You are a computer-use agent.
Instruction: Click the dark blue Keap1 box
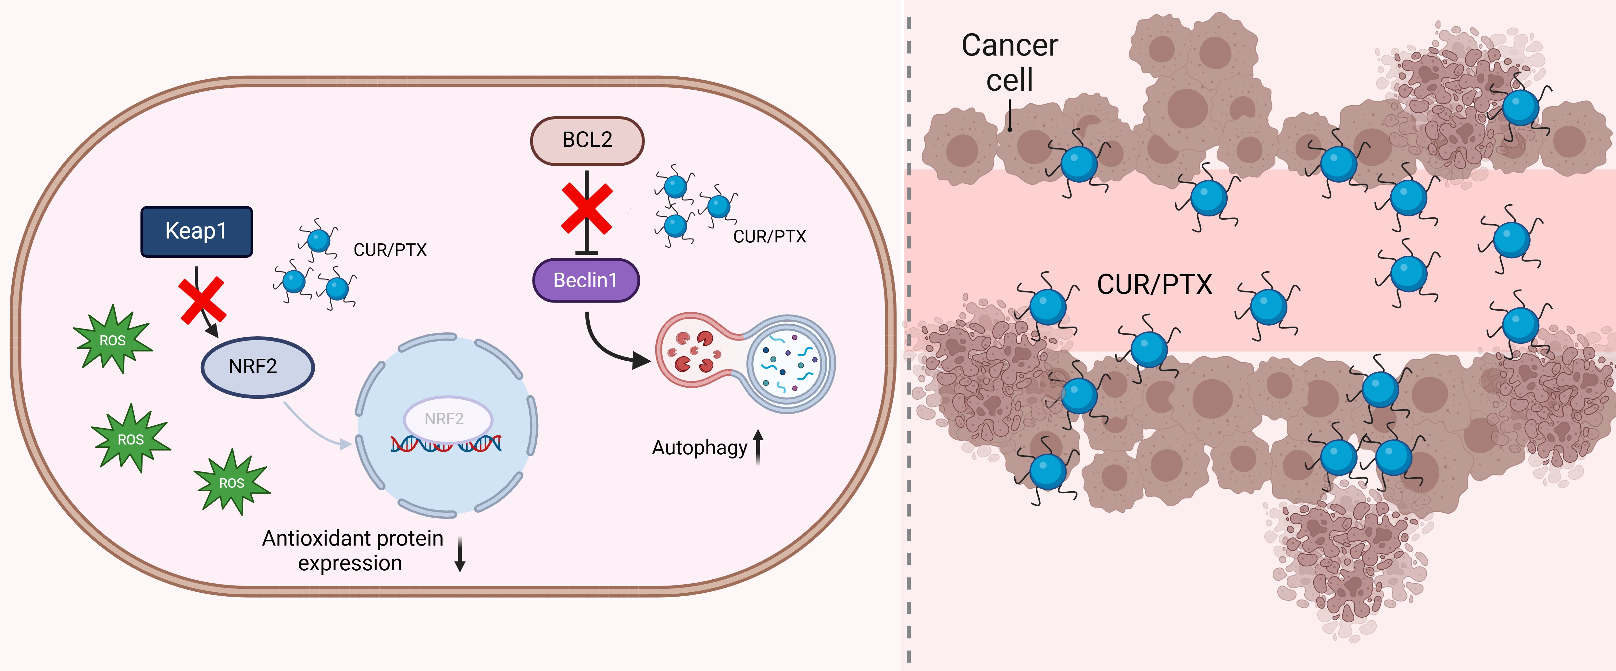[x=196, y=232]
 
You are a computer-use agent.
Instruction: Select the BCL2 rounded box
[x=587, y=140]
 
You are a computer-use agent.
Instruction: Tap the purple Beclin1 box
[x=585, y=280]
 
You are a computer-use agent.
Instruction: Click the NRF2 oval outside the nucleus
[x=257, y=367]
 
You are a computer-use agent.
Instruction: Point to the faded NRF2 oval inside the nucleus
[x=447, y=419]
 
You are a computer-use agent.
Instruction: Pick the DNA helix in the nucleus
[x=445, y=445]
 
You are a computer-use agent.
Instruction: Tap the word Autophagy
[x=699, y=447]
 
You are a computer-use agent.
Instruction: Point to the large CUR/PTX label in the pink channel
[x=1154, y=284]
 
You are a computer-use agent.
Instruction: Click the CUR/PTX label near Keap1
[x=390, y=250]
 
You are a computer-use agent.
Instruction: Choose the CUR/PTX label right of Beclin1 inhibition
[x=769, y=237]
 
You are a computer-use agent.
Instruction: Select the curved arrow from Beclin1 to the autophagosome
[x=608, y=348]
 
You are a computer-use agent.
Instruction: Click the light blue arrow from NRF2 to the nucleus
[x=317, y=427]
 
